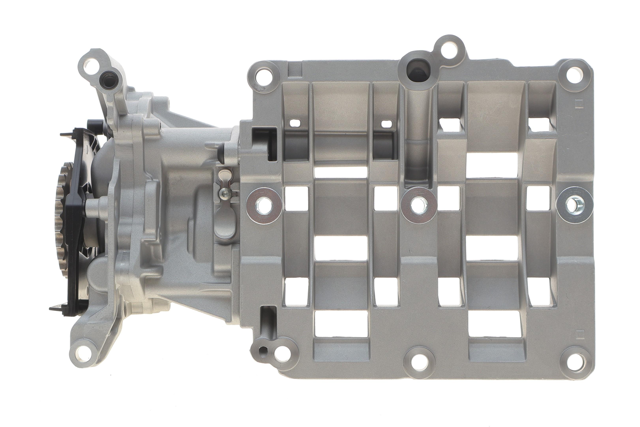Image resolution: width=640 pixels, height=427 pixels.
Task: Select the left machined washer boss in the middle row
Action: click(264, 206)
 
